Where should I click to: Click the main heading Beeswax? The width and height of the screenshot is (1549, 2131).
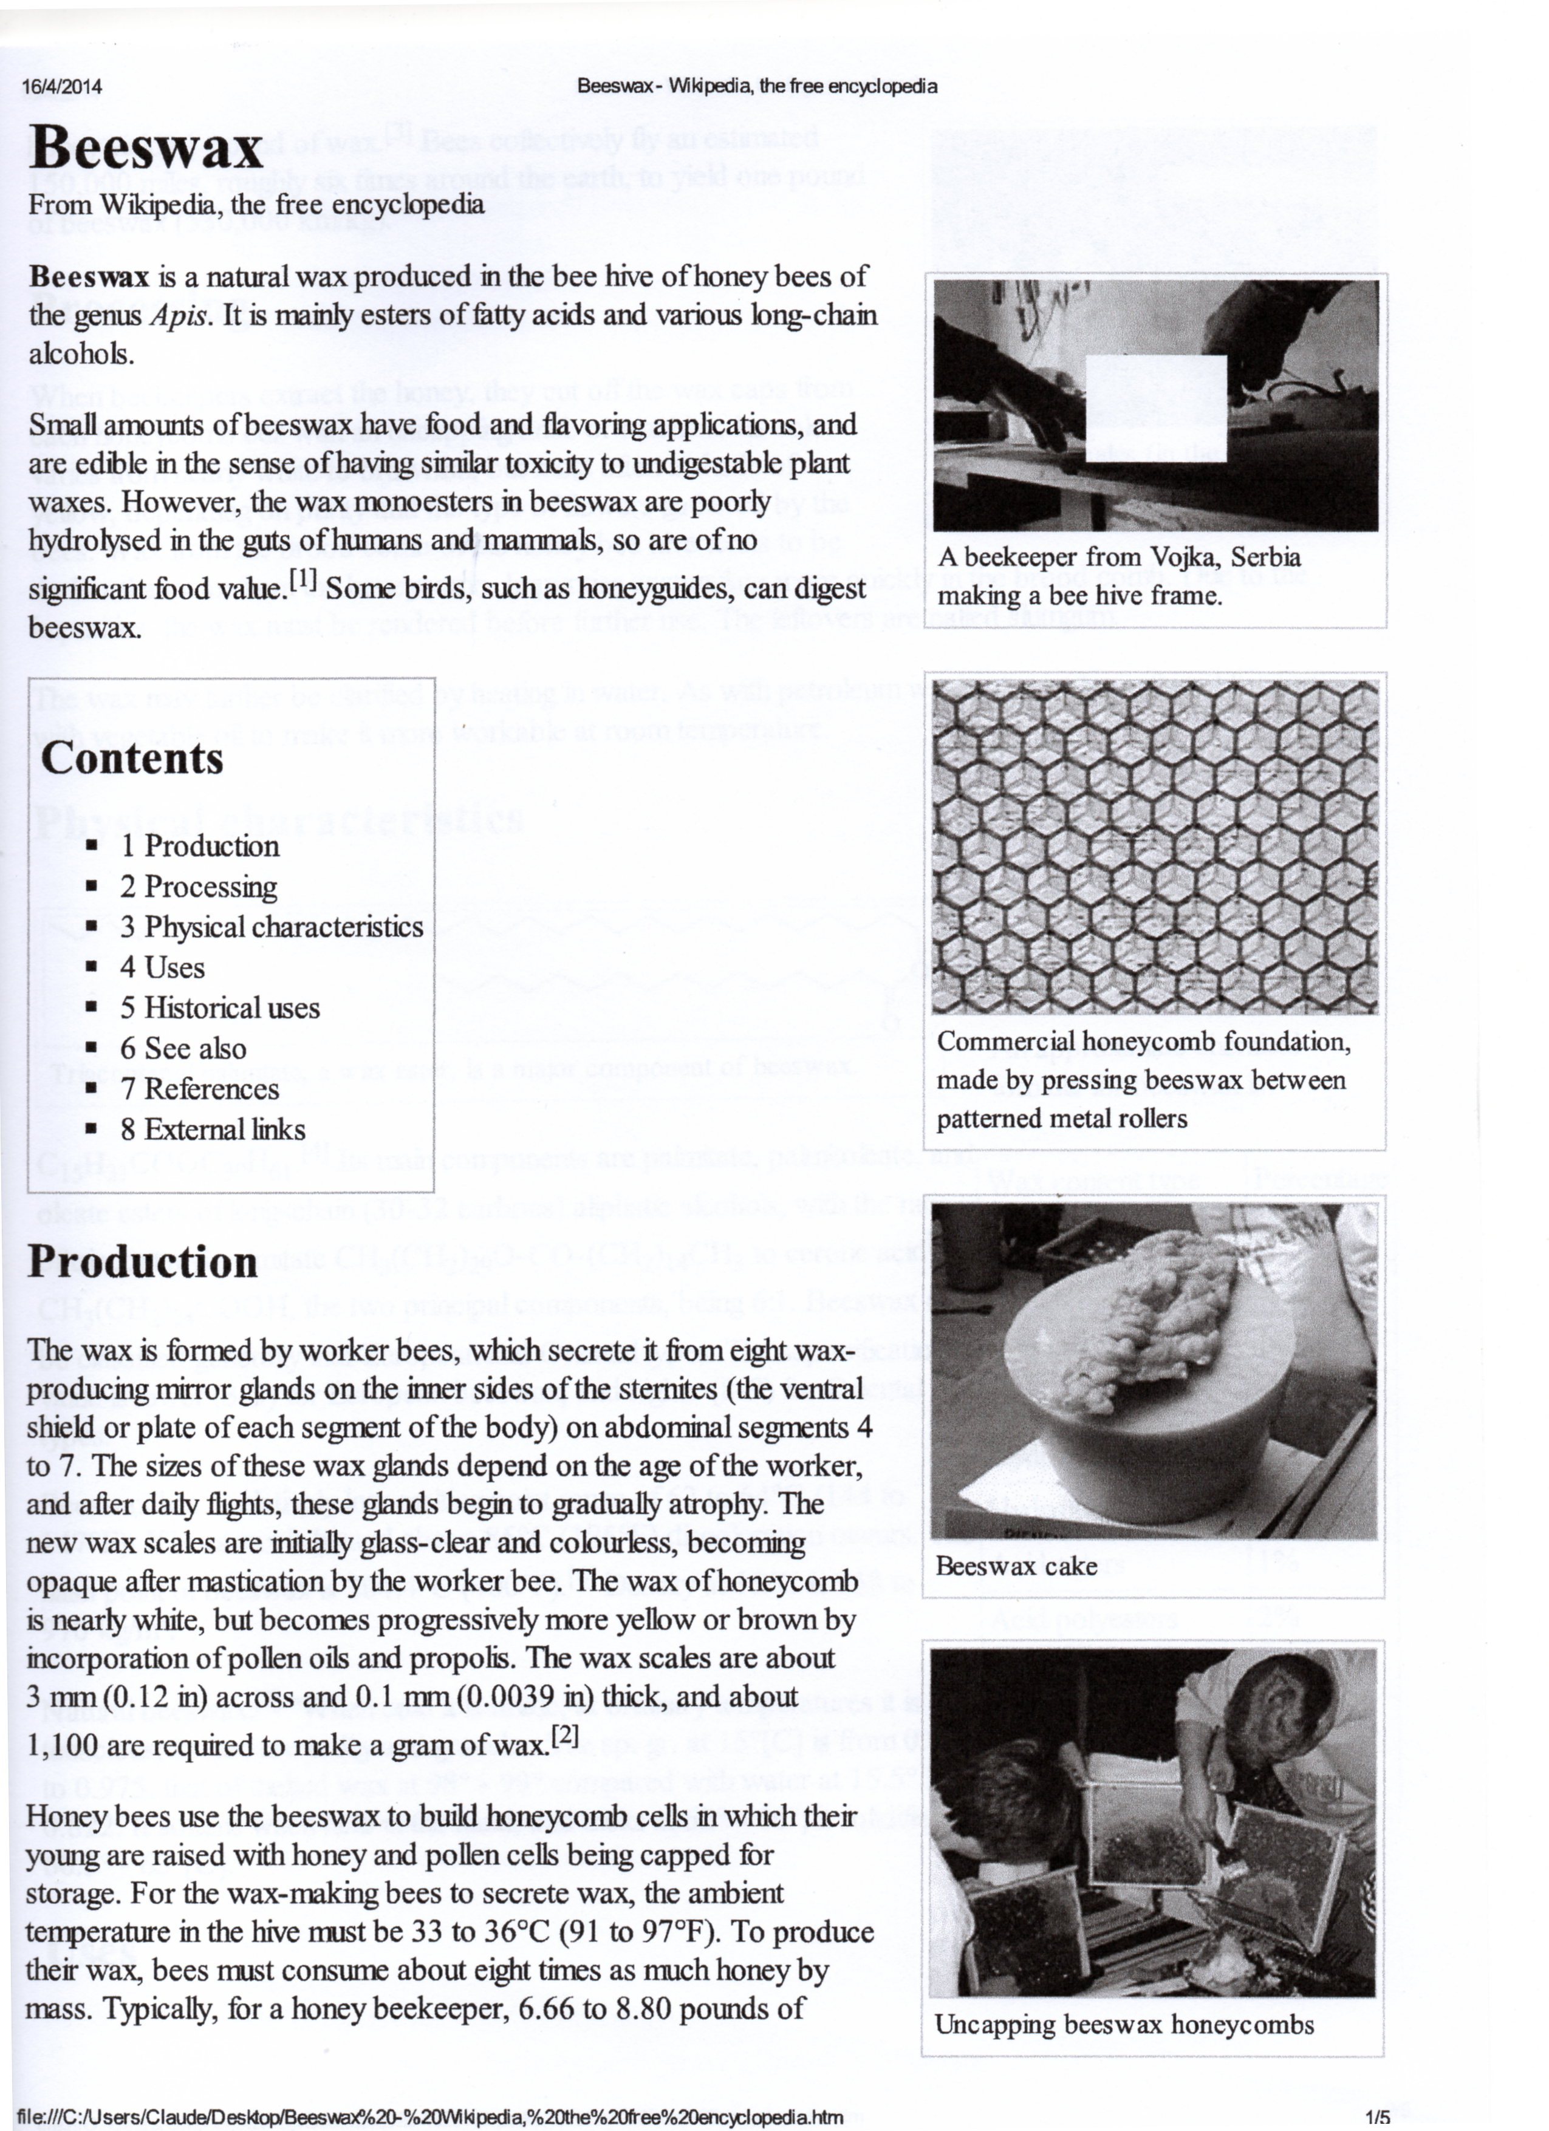pyautogui.click(x=146, y=148)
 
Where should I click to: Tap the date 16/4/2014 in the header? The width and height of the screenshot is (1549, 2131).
pyautogui.click(x=62, y=87)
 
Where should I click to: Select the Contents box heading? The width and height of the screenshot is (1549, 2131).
pyautogui.click(x=132, y=759)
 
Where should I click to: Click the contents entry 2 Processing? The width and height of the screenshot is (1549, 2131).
pyautogui.click(x=198, y=887)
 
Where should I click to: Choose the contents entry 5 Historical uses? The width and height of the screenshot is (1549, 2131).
pyautogui.click(x=220, y=1008)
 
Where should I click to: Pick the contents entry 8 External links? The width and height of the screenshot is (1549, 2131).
pyautogui.click(x=213, y=1130)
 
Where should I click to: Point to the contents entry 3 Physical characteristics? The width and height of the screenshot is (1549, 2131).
pyautogui.click(x=272, y=927)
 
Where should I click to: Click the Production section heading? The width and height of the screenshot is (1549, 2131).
pyautogui.click(x=143, y=1262)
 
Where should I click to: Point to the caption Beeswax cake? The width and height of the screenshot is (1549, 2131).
pyautogui.click(x=1016, y=1566)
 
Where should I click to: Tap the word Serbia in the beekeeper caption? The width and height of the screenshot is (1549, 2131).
pyautogui.click(x=1266, y=556)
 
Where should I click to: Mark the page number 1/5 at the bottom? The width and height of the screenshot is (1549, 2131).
pyautogui.click(x=1378, y=2116)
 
